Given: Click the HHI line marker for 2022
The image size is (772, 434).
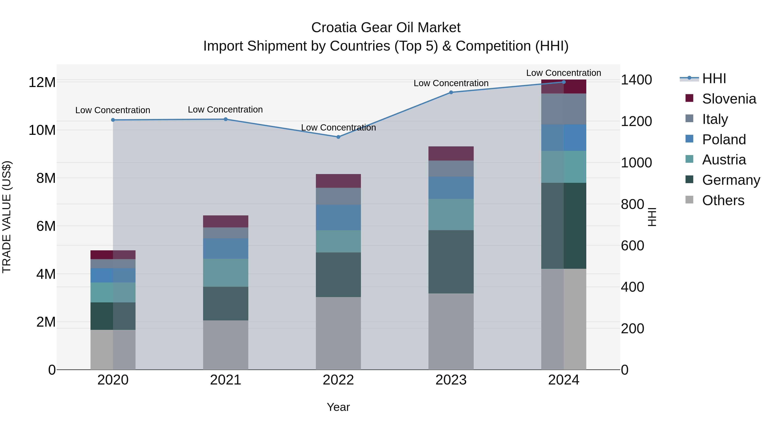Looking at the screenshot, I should (x=338, y=137).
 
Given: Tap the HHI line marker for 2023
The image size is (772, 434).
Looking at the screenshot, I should (x=451, y=92).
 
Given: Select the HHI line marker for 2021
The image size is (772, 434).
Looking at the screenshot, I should (x=226, y=119).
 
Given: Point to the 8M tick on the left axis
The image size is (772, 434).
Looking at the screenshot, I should (x=46, y=178).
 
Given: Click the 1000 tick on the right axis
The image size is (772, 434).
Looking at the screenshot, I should (x=636, y=163).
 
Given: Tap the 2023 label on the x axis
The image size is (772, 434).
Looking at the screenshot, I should (x=451, y=380).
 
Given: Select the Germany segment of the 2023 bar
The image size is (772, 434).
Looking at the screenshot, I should (x=451, y=261).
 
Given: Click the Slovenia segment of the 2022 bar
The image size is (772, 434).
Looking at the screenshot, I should (x=338, y=181).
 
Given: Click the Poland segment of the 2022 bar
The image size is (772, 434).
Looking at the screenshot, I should (x=338, y=218).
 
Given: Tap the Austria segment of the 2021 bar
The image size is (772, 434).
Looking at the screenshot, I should (x=226, y=273).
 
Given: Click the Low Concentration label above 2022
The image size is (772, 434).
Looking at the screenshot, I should (x=338, y=128).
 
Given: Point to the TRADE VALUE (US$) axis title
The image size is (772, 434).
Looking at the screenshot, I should (x=7, y=217).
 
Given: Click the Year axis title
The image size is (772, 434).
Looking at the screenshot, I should (x=338, y=407).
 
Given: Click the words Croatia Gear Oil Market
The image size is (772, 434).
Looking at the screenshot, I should (x=386, y=28).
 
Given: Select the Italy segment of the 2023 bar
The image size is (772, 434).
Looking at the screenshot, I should (x=451, y=169).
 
